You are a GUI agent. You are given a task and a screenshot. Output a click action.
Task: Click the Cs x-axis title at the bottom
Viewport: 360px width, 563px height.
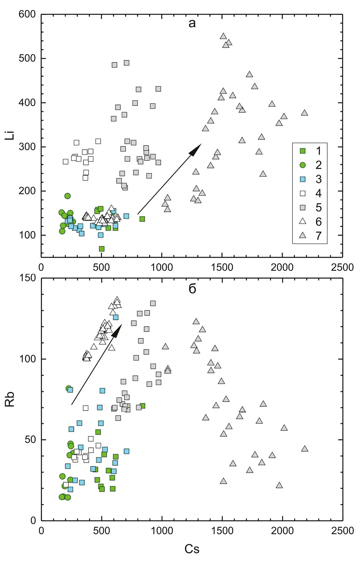tap(192, 549)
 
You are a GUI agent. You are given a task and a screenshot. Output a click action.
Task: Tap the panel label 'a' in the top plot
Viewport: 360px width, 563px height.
tap(192, 23)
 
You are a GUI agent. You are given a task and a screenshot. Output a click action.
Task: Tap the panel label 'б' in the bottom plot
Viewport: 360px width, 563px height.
tap(192, 289)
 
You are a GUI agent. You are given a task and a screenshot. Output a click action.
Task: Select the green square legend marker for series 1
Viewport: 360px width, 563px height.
tap(303, 151)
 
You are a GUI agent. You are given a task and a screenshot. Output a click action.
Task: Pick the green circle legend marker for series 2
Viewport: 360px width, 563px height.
tap(303, 165)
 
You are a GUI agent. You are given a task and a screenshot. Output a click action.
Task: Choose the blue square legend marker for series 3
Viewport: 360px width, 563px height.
tap(303, 179)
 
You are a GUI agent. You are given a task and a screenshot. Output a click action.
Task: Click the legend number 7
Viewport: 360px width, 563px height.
tap(318, 236)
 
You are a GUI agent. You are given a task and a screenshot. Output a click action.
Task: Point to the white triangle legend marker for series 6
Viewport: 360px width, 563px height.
tap(303, 221)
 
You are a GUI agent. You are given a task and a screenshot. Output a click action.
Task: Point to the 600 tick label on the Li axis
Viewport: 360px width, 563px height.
tap(27, 14)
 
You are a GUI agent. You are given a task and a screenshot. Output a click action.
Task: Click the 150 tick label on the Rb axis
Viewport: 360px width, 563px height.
tap(27, 278)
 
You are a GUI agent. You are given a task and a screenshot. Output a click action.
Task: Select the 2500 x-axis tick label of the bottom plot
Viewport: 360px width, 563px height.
tap(342, 531)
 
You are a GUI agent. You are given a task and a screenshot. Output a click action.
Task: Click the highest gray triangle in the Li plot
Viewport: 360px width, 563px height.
tap(223, 36)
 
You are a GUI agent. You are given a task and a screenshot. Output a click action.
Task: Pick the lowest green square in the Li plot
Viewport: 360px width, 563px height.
tap(102, 249)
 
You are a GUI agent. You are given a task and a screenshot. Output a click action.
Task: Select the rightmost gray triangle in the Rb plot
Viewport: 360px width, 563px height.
tap(304, 449)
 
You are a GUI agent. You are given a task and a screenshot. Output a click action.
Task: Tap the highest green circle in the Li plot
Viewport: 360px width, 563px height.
tap(68, 196)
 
